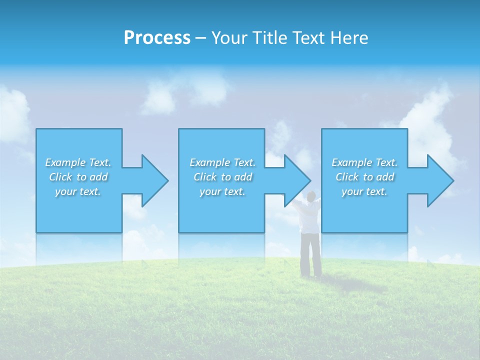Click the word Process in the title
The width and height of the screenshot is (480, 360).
pos(157,38)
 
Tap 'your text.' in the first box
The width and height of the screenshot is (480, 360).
pos(78,191)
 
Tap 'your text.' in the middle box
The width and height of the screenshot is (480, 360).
pos(222,191)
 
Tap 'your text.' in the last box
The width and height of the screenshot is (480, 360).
pos(364,191)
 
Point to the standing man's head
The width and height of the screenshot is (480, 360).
pos(311,195)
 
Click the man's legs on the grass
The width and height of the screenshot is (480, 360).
pos(311,255)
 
